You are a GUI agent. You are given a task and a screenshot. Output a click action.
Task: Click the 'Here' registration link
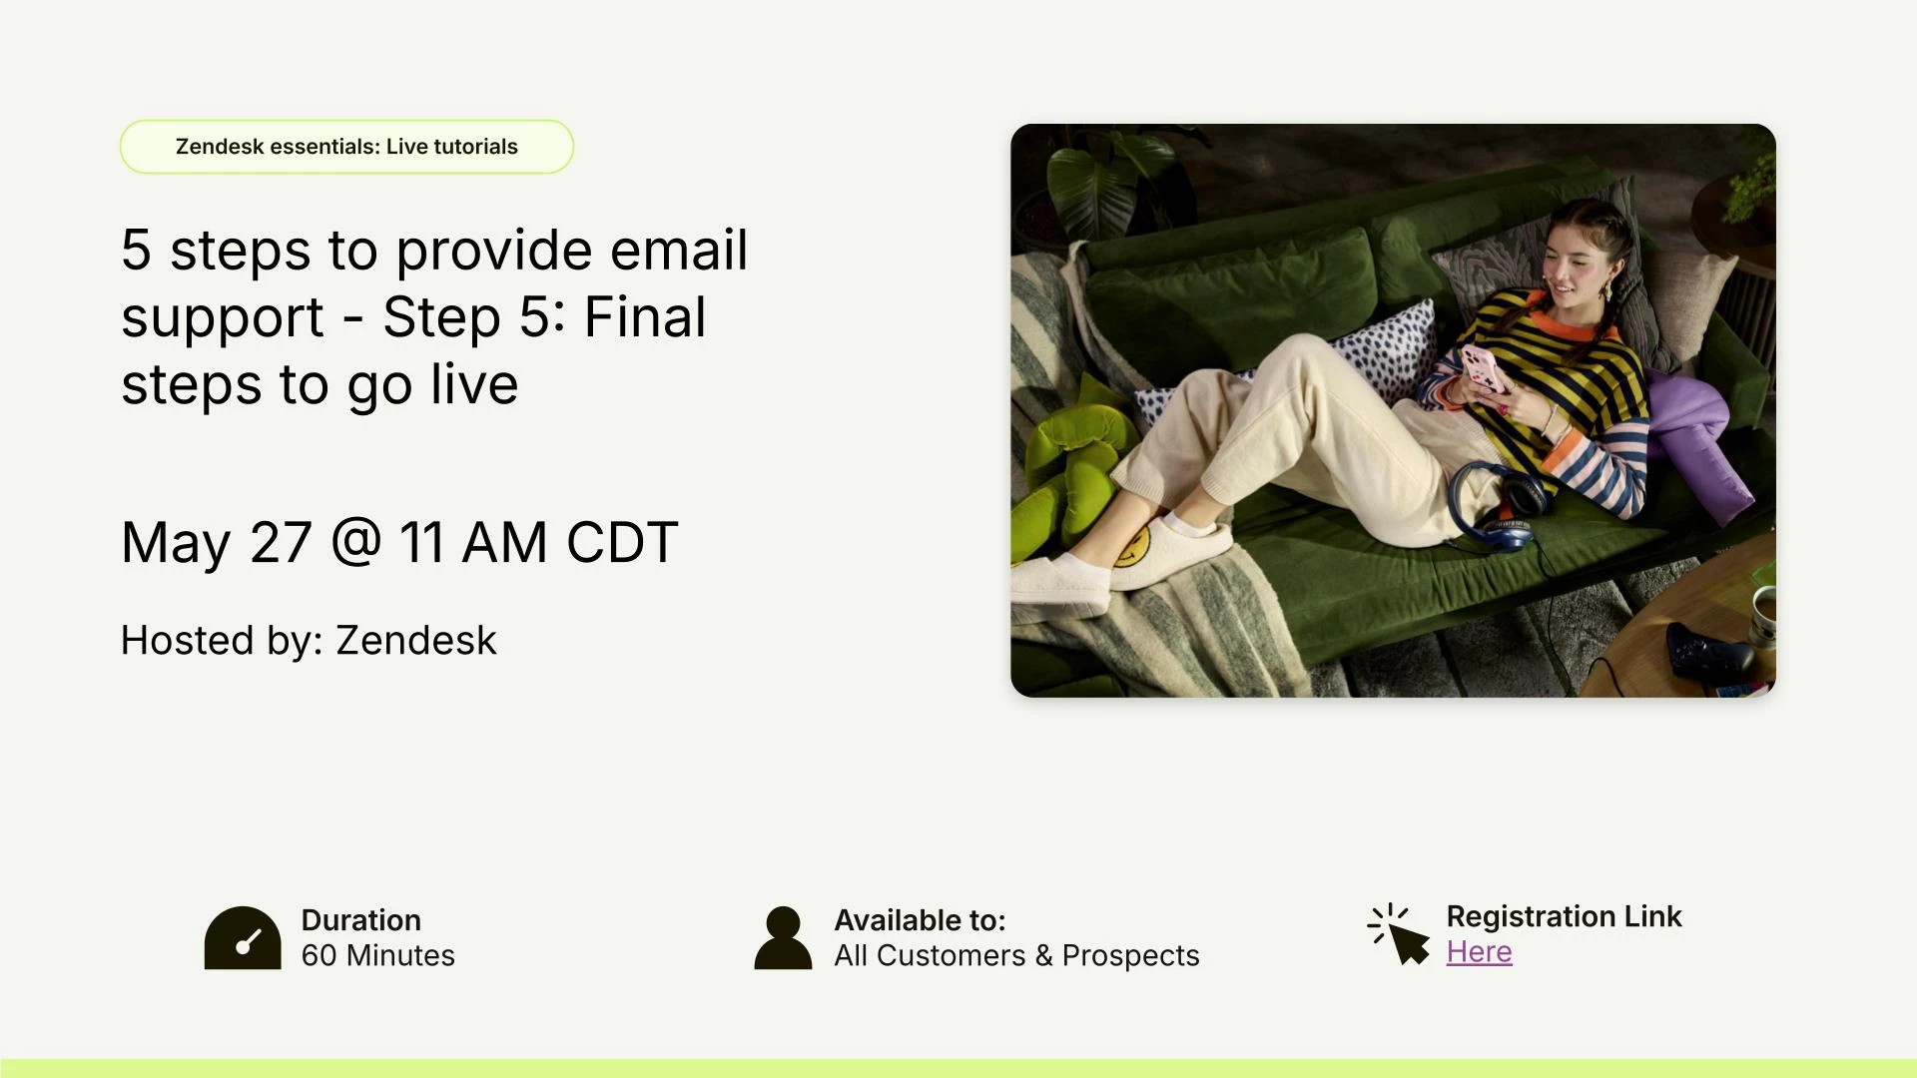click(x=1479, y=952)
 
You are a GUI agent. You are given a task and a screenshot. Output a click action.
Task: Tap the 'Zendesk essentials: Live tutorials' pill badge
click(x=346, y=147)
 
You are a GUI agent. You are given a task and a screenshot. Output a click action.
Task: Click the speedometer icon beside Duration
click(x=243, y=937)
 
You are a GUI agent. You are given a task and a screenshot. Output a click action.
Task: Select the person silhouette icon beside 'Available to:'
click(x=783, y=937)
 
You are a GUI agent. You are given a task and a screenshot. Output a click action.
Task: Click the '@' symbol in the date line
click(x=355, y=542)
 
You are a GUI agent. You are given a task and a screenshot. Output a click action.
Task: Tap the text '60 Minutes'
click(x=377, y=955)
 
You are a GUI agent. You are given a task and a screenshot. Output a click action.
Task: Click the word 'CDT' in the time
click(x=622, y=543)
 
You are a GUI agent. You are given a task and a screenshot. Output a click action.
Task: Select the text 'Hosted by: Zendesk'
click(x=309, y=641)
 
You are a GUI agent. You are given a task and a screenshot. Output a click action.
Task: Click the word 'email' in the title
click(x=679, y=250)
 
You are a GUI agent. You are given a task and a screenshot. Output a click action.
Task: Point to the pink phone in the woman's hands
click(x=1483, y=367)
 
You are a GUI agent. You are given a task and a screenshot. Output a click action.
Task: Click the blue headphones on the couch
click(x=1495, y=503)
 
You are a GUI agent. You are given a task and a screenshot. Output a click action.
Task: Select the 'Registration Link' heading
click(x=1564, y=916)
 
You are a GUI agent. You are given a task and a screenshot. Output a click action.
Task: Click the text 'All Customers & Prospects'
click(x=1016, y=955)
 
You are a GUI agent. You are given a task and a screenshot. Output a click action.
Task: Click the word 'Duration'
click(x=360, y=920)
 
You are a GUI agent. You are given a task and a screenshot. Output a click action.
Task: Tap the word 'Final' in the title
click(x=645, y=317)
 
